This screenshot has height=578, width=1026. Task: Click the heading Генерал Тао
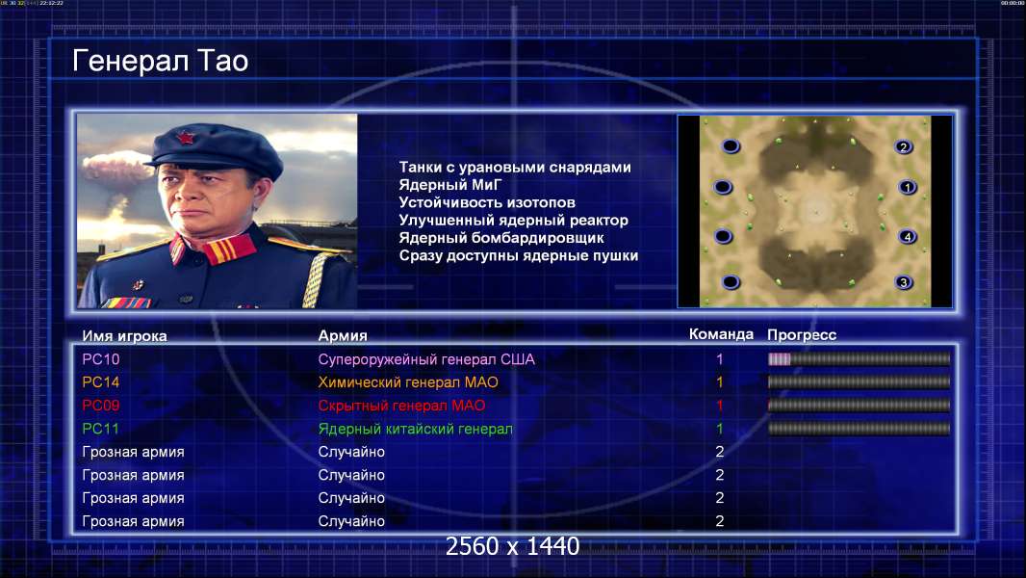(161, 61)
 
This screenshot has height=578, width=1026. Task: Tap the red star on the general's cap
(187, 138)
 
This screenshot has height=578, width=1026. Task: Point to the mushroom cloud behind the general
(117, 167)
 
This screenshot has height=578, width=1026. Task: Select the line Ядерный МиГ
(449, 185)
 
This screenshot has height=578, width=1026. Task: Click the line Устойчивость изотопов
(487, 203)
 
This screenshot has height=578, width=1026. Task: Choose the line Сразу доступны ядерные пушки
(518, 256)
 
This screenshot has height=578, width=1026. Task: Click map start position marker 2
(904, 147)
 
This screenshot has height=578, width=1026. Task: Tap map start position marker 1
(908, 188)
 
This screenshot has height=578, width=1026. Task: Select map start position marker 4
(908, 237)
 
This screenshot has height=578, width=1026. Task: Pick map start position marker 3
(904, 283)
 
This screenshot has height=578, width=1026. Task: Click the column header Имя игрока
(124, 336)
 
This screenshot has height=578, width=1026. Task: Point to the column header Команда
(721, 334)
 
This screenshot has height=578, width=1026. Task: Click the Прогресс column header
(802, 335)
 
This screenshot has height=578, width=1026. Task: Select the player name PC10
(101, 359)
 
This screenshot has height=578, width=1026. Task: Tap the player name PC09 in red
(101, 406)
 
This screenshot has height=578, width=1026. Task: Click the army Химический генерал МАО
(408, 382)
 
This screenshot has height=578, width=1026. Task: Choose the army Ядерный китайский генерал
(415, 430)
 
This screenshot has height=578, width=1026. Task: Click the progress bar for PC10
(859, 358)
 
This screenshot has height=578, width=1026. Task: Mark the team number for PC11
(720, 430)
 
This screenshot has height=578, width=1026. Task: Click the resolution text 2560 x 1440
(512, 546)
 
